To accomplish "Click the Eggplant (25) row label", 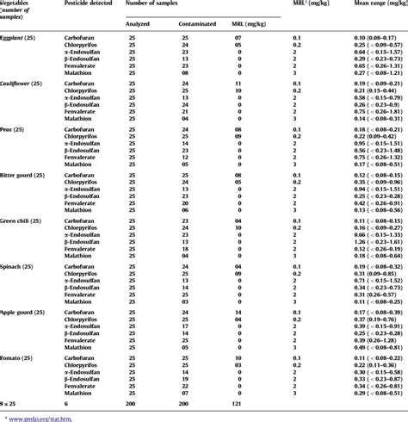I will tap(30, 40).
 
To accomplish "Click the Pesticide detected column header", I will tap(89, 5).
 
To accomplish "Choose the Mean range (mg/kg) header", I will tap(366, 5).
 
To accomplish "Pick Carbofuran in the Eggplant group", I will tap(83, 40).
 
